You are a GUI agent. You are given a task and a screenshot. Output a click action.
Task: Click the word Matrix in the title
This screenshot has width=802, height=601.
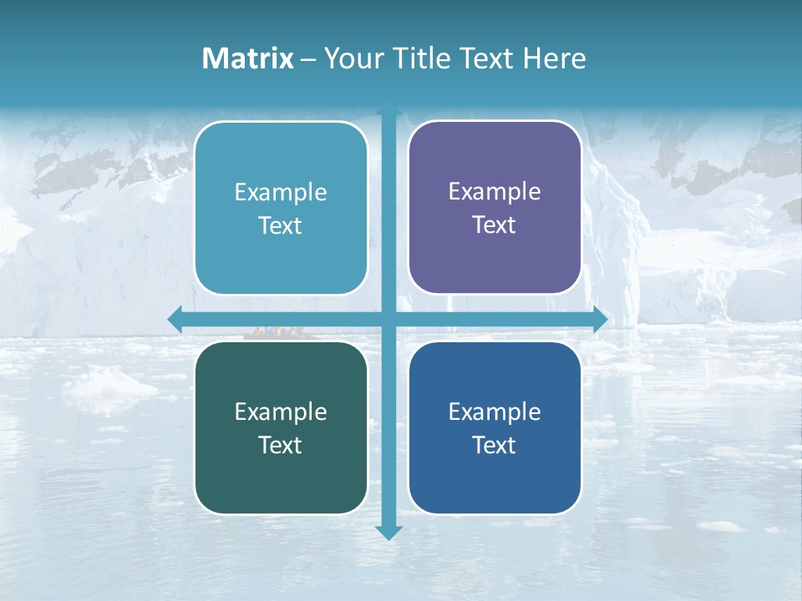(x=248, y=58)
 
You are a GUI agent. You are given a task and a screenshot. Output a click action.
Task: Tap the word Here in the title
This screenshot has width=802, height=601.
(x=555, y=58)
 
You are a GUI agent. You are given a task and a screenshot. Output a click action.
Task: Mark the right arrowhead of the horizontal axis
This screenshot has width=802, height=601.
(x=600, y=319)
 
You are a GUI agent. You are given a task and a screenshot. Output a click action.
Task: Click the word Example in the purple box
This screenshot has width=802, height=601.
(x=495, y=191)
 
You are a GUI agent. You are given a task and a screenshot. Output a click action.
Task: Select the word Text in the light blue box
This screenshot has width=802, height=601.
(x=281, y=226)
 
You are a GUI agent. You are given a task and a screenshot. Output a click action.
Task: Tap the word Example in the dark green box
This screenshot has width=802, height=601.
(x=281, y=412)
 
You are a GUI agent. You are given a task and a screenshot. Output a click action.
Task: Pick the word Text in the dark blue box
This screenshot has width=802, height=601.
(x=495, y=445)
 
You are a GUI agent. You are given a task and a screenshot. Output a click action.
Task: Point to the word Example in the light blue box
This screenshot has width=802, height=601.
(x=281, y=192)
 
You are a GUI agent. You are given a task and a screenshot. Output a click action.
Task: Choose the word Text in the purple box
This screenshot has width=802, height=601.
(x=495, y=225)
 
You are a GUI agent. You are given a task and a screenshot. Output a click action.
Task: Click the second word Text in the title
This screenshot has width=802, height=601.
(x=485, y=58)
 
